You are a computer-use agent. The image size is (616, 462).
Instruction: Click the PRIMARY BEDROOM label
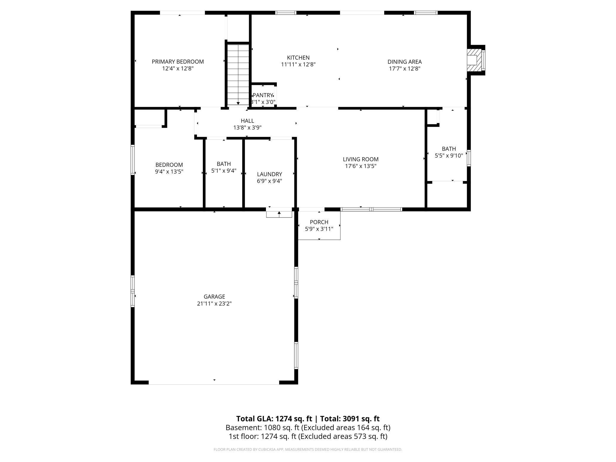pyautogui.click(x=178, y=62)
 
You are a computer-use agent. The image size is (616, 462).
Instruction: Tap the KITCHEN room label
pyautogui.click(x=298, y=57)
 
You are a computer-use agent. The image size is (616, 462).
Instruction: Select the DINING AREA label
pyautogui.click(x=405, y=62)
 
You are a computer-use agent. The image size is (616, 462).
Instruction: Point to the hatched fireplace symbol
pyautogui.click(x=473, y=60)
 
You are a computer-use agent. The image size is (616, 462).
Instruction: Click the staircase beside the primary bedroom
pyautogui.click(x=238, y=74)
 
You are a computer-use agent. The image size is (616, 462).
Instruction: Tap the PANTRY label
pyautogui.click(x=263, y=95)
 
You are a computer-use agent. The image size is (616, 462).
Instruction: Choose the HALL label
pyautogui.click(x=247, y=121)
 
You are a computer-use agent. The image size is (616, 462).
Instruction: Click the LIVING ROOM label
pyautogui.click(x=361, y=159)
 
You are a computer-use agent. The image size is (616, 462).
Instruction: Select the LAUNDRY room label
pyautogui.click(x=269, y=174)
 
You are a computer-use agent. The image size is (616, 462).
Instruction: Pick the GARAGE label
pyautogui.click(x=214, y=296)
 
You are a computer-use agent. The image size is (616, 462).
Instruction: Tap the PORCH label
pyautogui.click(x=319, y=222)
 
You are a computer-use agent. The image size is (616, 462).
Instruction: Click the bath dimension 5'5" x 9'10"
pyautogui.click(x=449, y=155)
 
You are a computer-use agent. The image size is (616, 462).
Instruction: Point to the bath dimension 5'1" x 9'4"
pyautogui.click(x=224, y=171)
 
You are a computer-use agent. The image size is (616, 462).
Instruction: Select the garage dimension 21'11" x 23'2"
pyautogui.click(x=214, y=304)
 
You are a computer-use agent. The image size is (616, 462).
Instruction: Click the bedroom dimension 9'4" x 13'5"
pyautogui.click(x=169, y=171)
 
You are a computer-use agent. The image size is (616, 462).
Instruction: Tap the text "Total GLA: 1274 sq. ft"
pyautogui.click(x=274, y=418)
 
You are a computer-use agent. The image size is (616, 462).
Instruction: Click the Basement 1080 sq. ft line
pyautogui.click(x=308, y=428)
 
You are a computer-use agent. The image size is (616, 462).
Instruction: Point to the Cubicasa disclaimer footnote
pyautogui.click(x=308, y=450)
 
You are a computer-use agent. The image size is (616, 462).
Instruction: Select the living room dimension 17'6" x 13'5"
pyautogui.click(x=361, y=166)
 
